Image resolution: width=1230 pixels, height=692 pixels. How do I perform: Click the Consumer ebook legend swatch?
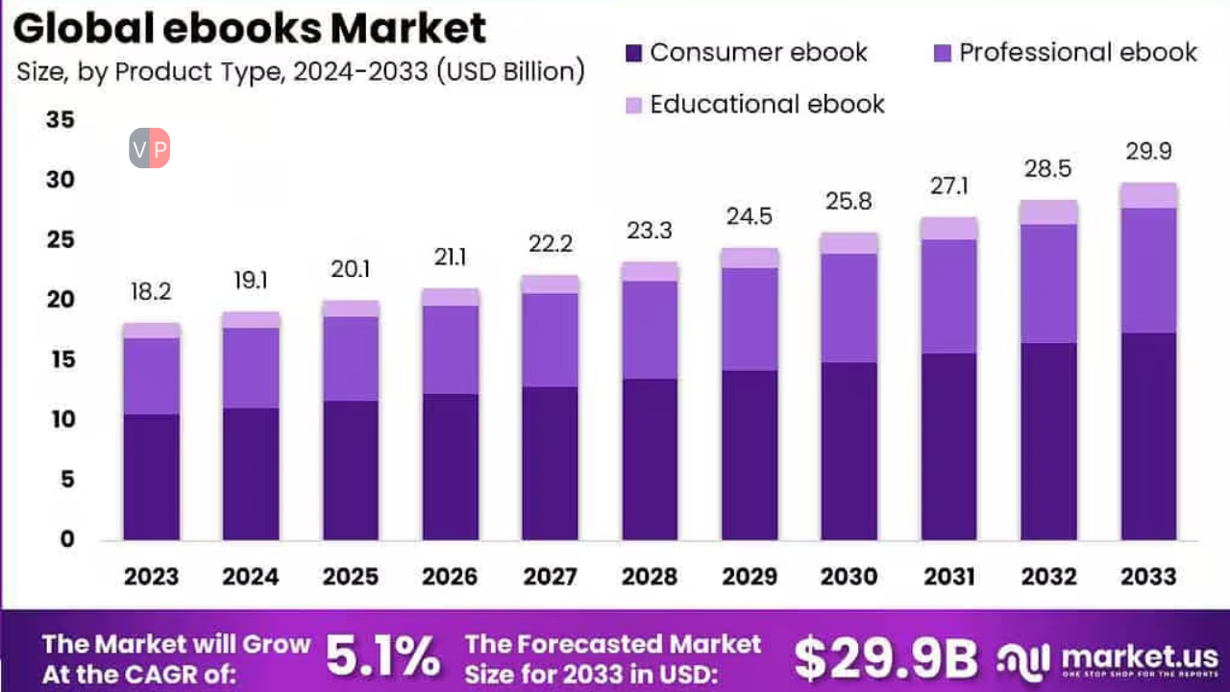[633, 52]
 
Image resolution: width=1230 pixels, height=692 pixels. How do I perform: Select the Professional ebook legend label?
[1078, 52]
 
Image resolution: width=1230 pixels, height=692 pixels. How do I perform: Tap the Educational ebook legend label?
[767, 104]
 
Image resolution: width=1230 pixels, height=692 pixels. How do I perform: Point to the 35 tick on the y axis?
[60, 120]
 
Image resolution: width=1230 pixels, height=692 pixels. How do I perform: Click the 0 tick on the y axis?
[66, 539]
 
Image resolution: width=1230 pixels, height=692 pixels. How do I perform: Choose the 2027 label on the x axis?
[550, 577]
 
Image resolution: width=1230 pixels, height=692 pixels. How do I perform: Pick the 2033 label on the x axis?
[1148, 577]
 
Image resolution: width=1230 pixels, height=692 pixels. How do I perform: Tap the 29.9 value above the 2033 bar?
[1148, 152]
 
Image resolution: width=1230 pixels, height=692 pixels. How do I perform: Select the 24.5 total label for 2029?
[749, 217]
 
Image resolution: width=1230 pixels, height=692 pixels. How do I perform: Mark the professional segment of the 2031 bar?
[948, 296]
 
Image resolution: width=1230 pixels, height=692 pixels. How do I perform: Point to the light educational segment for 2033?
[1148, 195]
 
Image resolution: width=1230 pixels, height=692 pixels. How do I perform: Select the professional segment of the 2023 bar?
[151, 376]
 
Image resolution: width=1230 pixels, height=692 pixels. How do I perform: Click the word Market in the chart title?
[408, 29]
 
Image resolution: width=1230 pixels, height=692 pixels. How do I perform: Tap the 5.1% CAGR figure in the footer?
[382, 656]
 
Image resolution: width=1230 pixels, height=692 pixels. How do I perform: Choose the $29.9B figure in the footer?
[885, 657]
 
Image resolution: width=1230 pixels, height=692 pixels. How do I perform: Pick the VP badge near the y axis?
[150, 149]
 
